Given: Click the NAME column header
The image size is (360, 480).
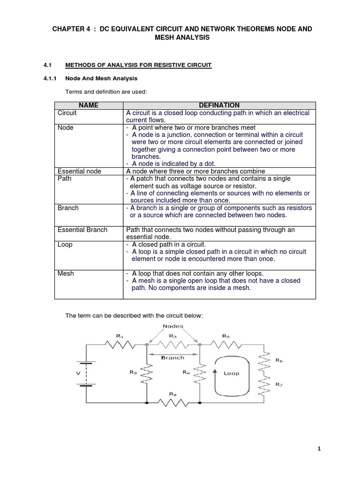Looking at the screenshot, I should (x=89, y=105).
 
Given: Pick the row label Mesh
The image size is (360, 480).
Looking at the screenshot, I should (x=66, y=273).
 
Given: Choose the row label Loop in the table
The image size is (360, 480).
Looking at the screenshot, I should (x=65, y=245).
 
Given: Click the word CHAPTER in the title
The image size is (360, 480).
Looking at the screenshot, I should (x=70, y=29).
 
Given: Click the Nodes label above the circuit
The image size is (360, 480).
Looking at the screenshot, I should (x=173, y=326).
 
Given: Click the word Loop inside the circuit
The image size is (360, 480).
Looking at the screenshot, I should (x=231, y=373).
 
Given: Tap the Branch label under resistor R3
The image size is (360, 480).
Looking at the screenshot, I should (x=173, y=357).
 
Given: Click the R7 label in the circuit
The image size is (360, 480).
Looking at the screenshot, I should (x=279, y=384).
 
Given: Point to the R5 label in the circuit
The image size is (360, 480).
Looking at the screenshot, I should (x=225, y=335).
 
